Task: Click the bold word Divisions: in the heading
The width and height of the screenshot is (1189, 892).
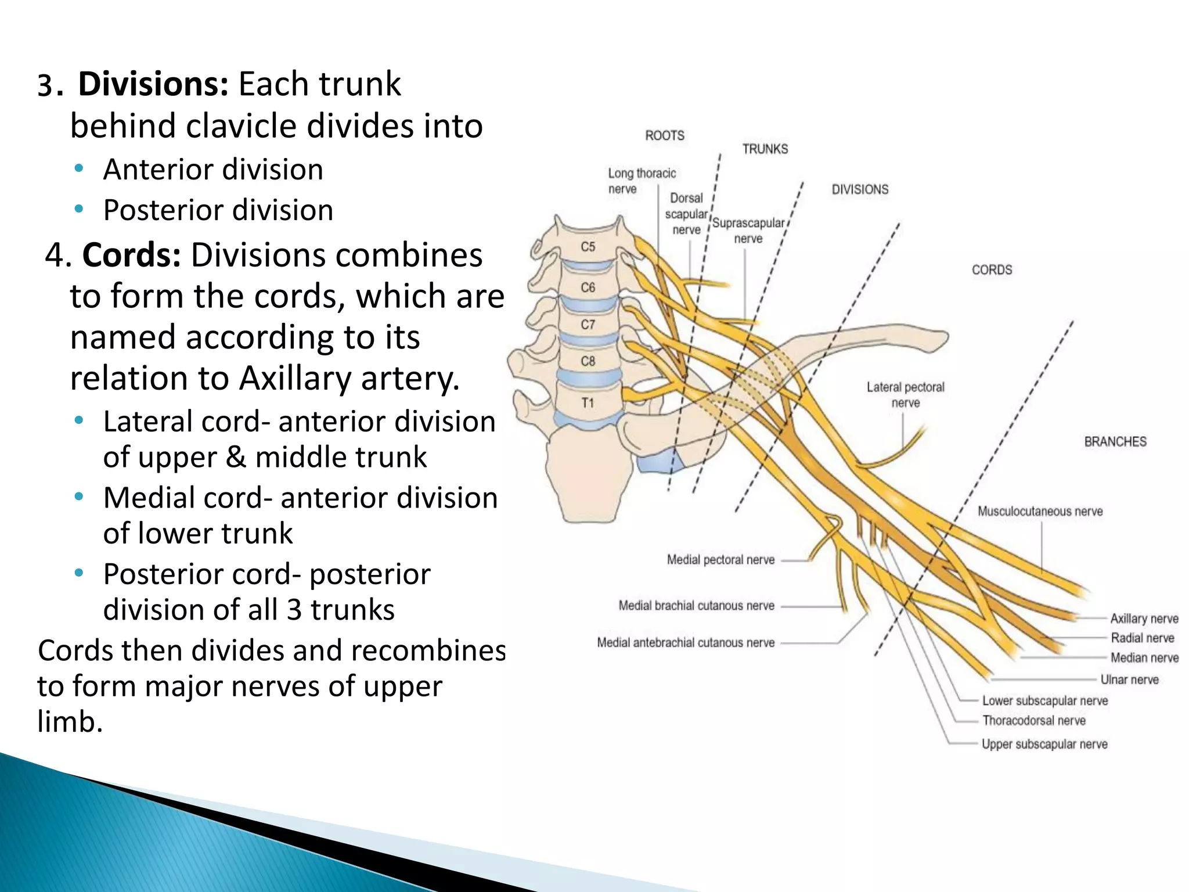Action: point(153,84)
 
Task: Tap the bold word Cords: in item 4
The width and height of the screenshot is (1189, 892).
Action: point(131,256)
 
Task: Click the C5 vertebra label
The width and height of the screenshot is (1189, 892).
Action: point(588,247)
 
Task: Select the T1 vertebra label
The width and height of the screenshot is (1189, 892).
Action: point(588,402)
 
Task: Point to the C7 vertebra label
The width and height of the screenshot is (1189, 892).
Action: point(588,324)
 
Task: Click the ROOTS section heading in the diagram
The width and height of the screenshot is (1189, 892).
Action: point(665,136)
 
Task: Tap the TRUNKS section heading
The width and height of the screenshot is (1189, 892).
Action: point(765,149)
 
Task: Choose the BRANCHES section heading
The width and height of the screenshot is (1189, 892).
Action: point(1115,442)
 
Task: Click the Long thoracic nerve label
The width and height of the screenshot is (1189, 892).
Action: point(641,181)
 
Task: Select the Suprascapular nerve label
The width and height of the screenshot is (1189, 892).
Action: point(748,231)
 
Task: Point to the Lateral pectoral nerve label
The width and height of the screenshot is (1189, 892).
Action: point(905,395)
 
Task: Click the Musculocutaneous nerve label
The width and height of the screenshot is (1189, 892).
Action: point(1040,512)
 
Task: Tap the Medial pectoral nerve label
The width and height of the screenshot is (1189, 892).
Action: point(720,560)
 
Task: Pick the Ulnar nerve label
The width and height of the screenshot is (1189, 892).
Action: point(1129,679)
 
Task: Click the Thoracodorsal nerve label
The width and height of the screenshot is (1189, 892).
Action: point(1033,721)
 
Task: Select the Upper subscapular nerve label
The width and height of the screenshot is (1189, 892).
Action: point(1044,744)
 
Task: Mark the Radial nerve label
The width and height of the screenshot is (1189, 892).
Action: point(1142,638)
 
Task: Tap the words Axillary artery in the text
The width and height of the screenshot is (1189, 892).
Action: point(349,379)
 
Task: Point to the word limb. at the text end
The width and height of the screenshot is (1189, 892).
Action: point(70,722)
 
